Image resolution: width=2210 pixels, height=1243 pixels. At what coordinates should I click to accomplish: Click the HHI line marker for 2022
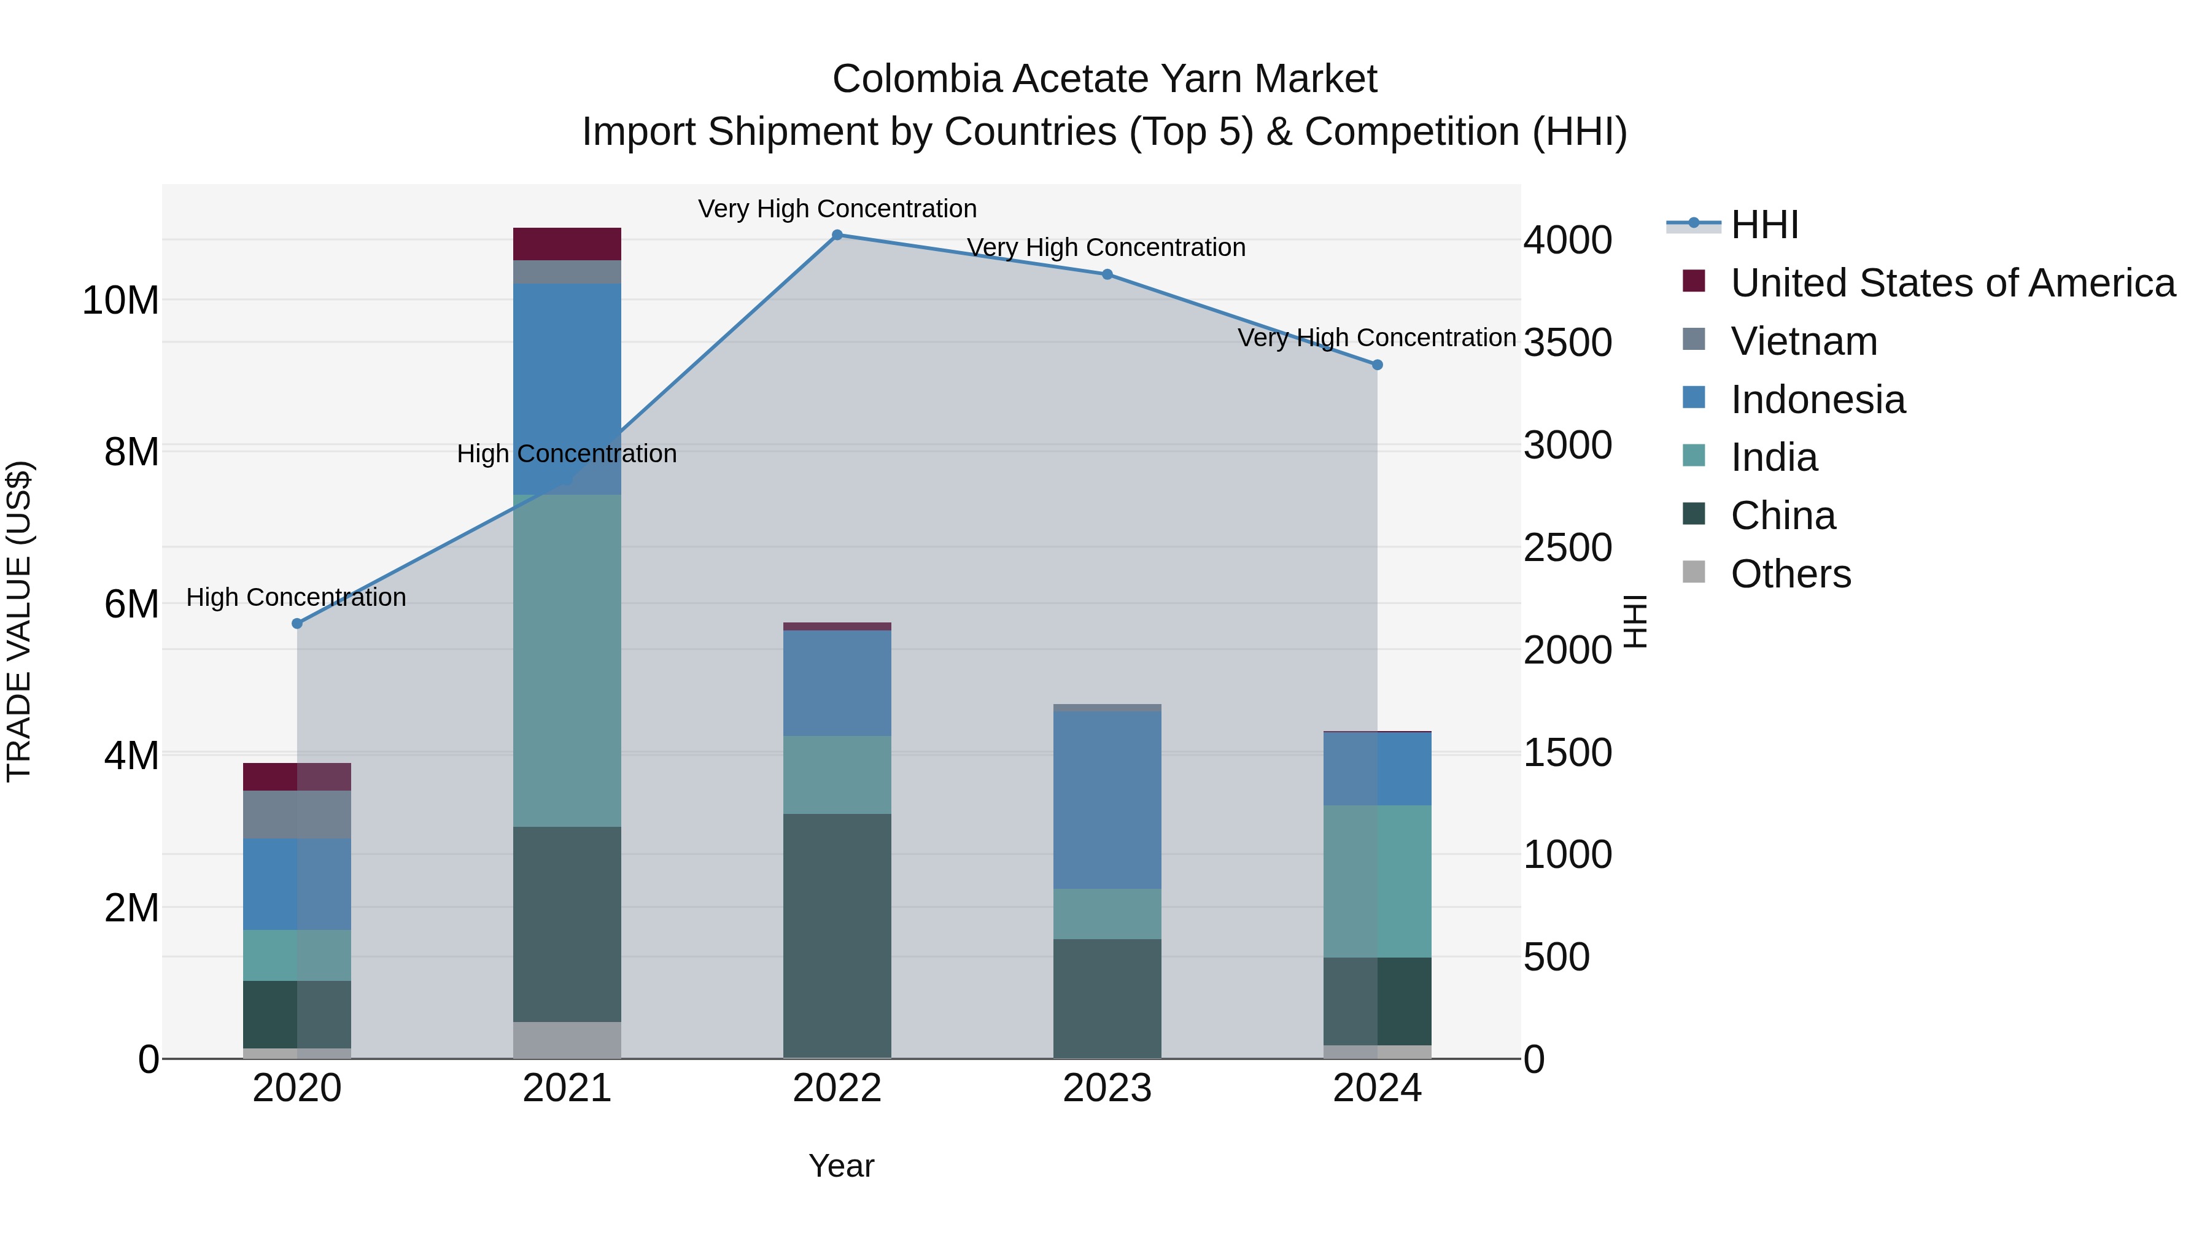[x=837, y=235]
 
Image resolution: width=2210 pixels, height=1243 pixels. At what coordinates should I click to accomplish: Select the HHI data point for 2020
[x=297, y=624]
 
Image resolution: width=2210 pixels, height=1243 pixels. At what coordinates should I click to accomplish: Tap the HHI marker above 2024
[x=1377, y=365]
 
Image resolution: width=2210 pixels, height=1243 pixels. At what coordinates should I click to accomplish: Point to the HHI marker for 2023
[x=1107, y=274]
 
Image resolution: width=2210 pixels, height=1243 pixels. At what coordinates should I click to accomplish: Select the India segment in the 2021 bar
[x=567, y=660]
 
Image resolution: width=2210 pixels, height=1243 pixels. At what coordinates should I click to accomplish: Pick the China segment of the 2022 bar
[x=837, y=935]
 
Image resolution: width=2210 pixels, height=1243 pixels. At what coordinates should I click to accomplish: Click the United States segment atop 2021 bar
[x=567, y=244]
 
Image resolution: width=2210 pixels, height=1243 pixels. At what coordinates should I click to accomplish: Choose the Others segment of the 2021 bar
[x=567, y=1040]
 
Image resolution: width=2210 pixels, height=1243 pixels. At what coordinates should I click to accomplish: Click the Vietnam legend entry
[x=1804, y=341]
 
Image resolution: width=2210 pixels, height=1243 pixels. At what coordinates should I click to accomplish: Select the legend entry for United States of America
[x=1952, y=283]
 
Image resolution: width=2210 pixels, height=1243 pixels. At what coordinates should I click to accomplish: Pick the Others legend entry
[x=1791, y=574]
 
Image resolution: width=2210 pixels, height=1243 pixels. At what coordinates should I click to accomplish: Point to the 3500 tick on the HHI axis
[x=1567, y=343]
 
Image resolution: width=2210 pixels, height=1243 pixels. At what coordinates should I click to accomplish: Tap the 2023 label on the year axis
[x=1107, y=1088]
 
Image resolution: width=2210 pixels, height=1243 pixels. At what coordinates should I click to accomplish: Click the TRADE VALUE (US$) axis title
[x=20, y=621]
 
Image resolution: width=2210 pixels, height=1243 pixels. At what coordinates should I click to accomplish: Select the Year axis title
[x=841, y=1166]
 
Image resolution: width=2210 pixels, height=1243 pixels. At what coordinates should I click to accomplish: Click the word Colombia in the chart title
[x=917, y=79]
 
